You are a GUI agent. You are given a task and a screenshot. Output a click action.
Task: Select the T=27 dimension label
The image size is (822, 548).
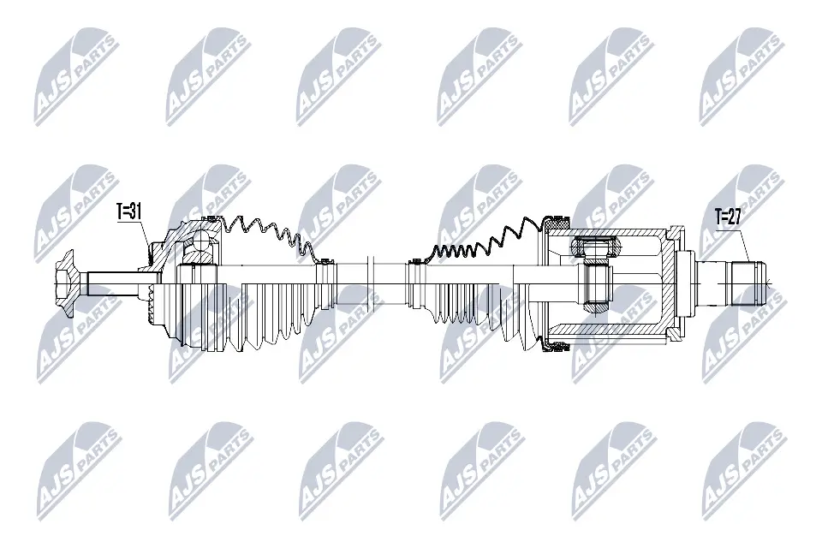729,218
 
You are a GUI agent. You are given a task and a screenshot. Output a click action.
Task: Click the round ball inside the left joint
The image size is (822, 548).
200,247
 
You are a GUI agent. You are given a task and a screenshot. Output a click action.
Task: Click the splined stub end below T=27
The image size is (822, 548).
747,279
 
